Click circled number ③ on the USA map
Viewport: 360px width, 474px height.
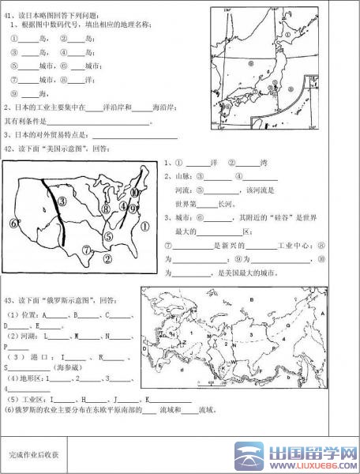pyautogui.click(x=62, y=201)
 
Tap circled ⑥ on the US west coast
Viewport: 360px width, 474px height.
pyautogui.click(x=13, y=223)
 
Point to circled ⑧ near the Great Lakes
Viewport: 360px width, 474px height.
pyautogui.click(x=106, y=209)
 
